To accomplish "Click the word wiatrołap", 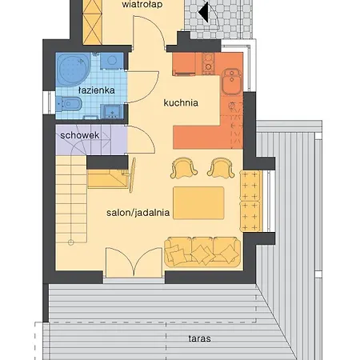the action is point(142,5).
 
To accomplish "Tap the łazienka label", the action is point(97,90).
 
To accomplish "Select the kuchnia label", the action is point(181,102).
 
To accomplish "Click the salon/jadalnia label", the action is point(138,213).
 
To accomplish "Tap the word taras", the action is point(199,338).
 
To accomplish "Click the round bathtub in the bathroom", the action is point(73,69).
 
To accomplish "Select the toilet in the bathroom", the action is point(69,103).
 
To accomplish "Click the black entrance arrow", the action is point(203,12).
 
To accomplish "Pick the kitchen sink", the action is point(232,82).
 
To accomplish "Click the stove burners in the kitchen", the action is point(208,63).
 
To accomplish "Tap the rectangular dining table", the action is point(198,203).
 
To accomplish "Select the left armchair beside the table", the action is point(184,168).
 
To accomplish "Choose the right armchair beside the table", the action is point(221,168).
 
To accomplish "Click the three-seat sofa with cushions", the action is point(202,252).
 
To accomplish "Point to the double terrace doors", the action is point(134,262).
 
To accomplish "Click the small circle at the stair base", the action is point(70,242).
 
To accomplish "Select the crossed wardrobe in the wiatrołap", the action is point(92,22).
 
